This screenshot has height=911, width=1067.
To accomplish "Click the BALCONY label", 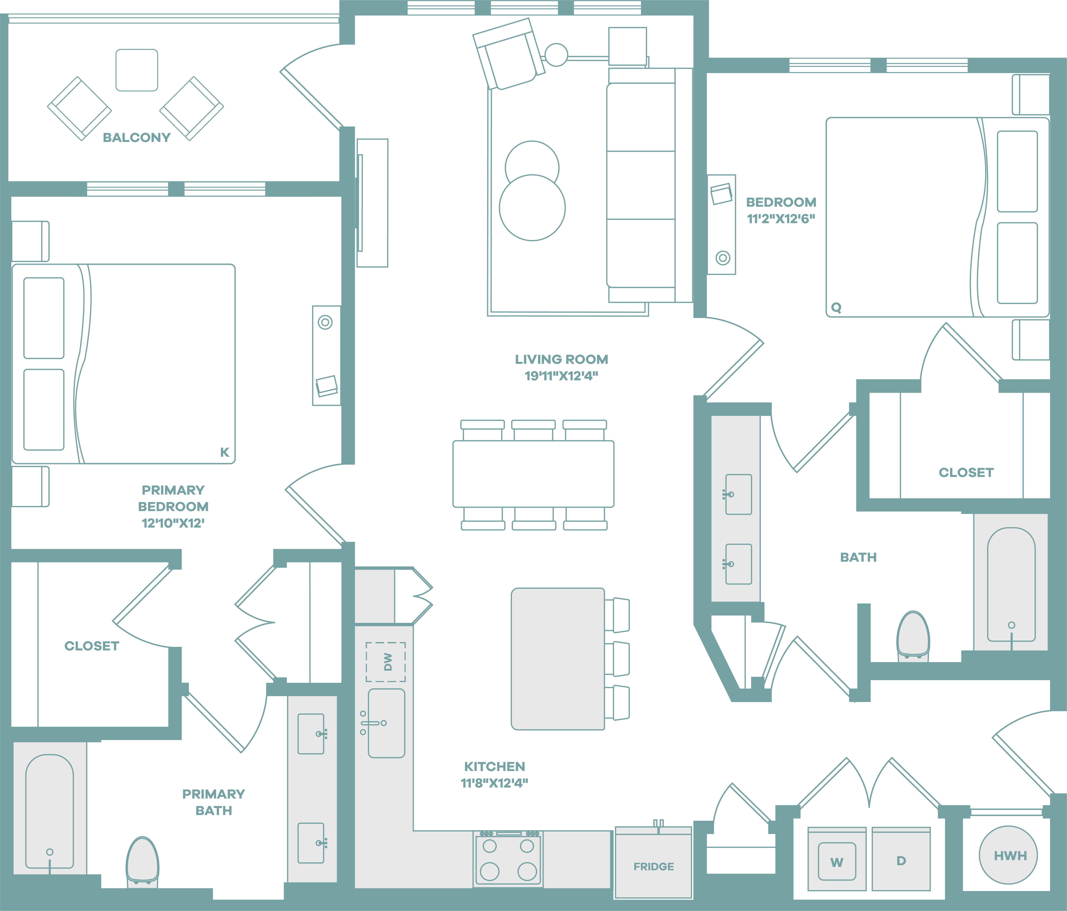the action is click(x=136, y=138).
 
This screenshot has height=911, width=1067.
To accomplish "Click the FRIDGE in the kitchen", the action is click(x=653, y=863).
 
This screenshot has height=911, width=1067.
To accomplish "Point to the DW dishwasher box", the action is click(x=386, y=662).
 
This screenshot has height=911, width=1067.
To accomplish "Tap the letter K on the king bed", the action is click(x=224, y=452).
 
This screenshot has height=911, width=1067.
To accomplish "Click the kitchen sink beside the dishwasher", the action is click(x=386, y=723).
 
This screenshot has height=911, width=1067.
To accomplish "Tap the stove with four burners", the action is click(x=508, y=858).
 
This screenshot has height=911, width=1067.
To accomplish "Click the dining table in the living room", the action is click(x=533, y=474).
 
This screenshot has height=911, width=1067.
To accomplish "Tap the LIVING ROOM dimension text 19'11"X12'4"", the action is click(x=561, y=376).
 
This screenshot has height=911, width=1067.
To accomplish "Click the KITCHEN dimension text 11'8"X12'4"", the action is click(x=494, y=783).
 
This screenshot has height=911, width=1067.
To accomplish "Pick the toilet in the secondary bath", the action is click(x=913, y=636).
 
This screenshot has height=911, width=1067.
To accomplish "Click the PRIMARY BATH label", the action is click(x=214, y=802).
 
